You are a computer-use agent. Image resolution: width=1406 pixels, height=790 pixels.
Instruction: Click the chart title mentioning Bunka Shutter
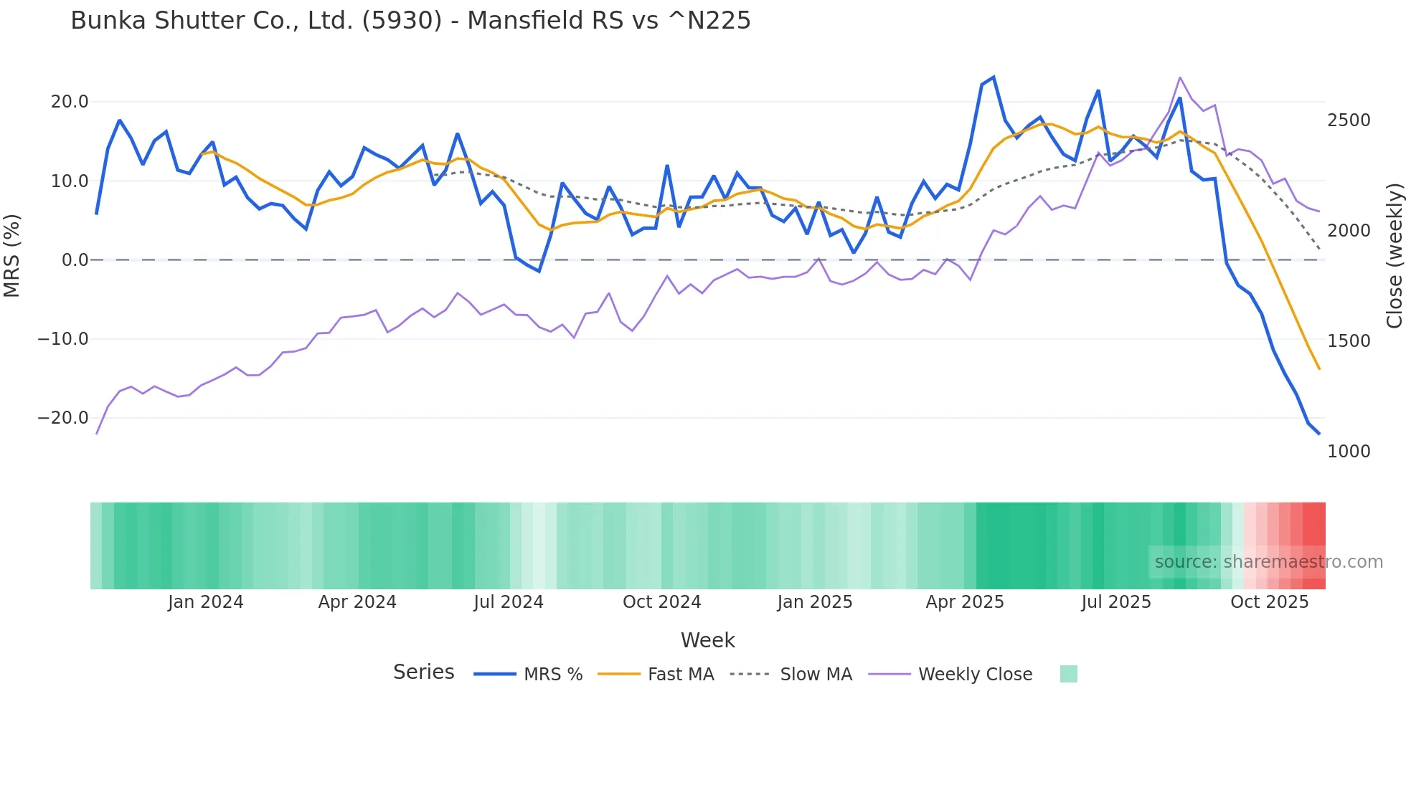point(410,21)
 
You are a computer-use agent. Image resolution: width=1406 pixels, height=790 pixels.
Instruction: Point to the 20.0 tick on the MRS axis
point(70,102)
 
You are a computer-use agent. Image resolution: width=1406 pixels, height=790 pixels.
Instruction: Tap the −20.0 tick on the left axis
point(63,418)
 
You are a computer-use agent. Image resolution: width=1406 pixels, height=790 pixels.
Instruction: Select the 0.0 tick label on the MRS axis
point(75,260)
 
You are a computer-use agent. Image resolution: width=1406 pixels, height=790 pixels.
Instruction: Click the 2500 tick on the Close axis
point(1349,120)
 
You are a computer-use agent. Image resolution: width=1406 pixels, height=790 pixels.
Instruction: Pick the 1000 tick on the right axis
point(1349,452)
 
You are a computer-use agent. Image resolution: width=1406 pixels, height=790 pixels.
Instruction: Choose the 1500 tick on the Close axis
point(1349,341)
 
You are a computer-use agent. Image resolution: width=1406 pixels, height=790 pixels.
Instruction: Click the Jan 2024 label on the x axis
point(206,602)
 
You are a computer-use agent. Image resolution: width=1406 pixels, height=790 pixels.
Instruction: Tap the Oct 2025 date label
point(1270,602)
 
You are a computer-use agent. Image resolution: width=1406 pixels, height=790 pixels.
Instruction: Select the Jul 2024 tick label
point(509,602)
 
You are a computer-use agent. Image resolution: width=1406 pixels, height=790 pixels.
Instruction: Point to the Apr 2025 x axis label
point(965,602)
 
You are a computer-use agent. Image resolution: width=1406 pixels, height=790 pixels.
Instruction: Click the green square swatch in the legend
point(1068,674)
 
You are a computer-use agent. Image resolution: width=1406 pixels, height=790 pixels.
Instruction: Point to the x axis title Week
point(707,640)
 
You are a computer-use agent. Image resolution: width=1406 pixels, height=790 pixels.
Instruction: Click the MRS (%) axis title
point(12,256)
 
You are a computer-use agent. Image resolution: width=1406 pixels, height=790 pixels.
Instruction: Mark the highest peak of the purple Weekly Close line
point(1180,77)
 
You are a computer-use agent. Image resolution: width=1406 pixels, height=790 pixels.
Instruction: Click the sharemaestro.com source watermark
point(1268,562)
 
